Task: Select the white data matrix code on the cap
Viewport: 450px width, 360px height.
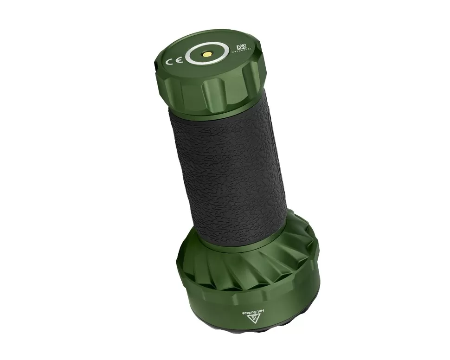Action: (241, 47)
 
